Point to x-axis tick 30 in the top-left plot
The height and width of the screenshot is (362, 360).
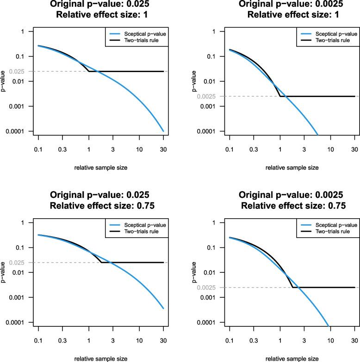163,150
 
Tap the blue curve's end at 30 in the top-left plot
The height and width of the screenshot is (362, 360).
163,131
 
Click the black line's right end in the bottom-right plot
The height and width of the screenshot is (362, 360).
355,288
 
